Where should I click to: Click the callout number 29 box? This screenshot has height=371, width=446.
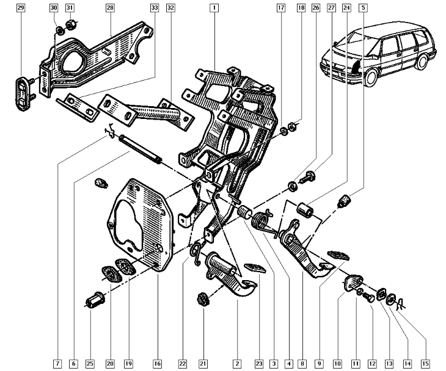click(x=21, y=8)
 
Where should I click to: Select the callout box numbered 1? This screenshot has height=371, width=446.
click(x=214, y=8)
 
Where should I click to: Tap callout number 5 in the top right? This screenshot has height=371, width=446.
click(x=364, y=8)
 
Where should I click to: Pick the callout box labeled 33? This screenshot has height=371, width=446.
click(x=154, y=8)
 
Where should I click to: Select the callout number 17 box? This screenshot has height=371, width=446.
click(x=280, y=8)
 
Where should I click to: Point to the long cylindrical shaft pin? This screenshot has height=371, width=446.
click(x=140, y=149)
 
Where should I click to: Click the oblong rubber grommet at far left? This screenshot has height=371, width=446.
click(x=24, y=95)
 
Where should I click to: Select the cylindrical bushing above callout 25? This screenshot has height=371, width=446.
click(x=95, y=301)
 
